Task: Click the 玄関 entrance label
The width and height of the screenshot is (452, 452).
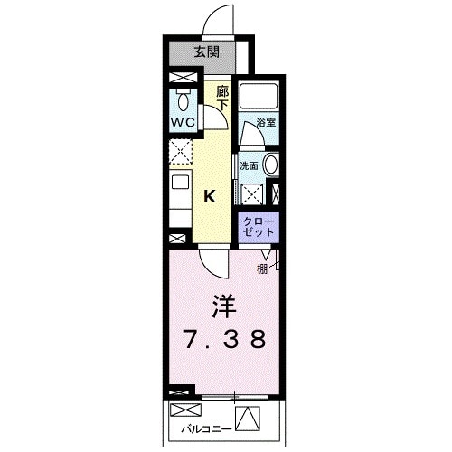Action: click(x=206, y=52)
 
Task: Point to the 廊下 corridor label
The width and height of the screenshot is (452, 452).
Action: click(x=223, y=97)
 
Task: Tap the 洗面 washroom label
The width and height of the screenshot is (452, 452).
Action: click(x=249, y=165)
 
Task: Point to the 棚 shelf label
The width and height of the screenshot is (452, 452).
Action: click(x=261, y=268)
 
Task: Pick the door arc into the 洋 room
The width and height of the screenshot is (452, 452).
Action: click(x=213, y=265)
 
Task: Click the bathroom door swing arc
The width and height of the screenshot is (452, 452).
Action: click(x=250, y=134)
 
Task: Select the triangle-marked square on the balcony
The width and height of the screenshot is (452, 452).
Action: click(x=249, y=419)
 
